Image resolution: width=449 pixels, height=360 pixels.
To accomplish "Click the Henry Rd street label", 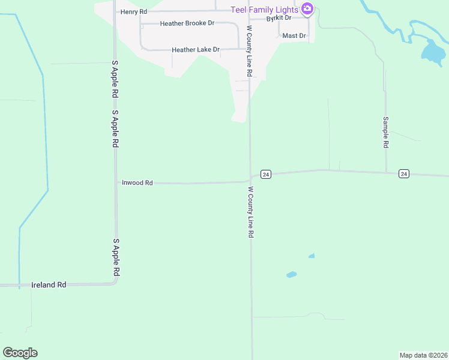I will coord(133,12).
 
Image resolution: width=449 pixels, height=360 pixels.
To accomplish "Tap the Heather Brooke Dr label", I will coord(187,23).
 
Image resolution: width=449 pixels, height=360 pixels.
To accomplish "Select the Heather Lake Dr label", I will coord(196,50).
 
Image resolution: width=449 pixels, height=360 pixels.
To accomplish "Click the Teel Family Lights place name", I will coord(265,9).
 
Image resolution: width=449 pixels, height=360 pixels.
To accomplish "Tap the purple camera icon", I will coord(307,8).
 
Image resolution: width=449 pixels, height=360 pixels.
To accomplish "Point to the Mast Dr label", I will coord(294,36).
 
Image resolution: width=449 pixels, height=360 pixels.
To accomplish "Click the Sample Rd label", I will coord(386,133).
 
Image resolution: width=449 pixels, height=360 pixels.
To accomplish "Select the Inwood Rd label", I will coord(137,182).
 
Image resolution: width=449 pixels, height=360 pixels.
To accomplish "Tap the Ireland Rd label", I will coord(49,285).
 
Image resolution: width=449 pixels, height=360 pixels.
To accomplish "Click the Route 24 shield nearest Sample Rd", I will coord(403,174).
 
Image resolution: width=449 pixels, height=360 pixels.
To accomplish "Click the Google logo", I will coord(20,353).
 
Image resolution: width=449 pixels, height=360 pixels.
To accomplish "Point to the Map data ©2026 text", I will coord(423,355).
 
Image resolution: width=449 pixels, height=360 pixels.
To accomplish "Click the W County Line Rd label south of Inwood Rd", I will coord(250,212).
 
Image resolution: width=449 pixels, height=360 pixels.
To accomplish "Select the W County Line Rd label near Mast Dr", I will coord(249,51).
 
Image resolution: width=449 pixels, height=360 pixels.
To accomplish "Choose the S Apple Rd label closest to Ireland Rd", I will coord(116,257).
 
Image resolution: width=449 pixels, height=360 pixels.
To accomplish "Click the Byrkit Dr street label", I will coord(279,18).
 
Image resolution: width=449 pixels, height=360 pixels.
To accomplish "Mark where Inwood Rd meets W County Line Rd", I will coord(250,180).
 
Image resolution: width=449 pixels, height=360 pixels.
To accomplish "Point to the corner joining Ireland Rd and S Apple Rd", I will coord(116,283).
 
